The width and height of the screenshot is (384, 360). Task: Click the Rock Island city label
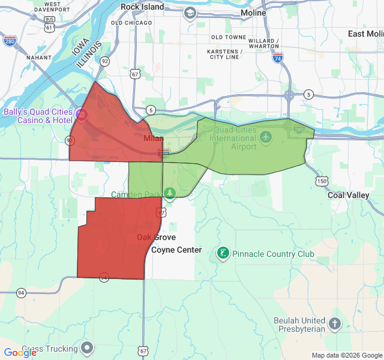pyautogui.click(x=142, y=7)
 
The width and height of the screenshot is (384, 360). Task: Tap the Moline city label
pyautogui.click(x=253, y=13)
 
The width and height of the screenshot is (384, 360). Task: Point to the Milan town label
pyautogui.click(x=154, y=139)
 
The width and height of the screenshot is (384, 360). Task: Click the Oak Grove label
pyautogui.click(x=156, y=238)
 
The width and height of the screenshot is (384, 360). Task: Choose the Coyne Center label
pyautogui.click(x=176, y=250)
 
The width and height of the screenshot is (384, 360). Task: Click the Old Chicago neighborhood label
pyautogui.click(x=131, y=23)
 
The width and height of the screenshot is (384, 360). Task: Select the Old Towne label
pyautogui.click(x=229, y=37)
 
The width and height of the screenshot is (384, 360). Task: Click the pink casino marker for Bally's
pyautogui.click(x=82, y=113)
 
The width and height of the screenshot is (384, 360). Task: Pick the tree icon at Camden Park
pyautogui.click(x=170, y=193)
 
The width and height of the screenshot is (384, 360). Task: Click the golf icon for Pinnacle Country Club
pyautogui.click(x=223, y=254)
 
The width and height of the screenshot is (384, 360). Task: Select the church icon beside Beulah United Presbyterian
pyautogui.click(x=334, y=325)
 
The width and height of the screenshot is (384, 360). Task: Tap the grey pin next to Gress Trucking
pyautogui.click(x=88, y=348)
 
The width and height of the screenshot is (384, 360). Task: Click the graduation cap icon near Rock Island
pyautogui.click(x=190, y=13)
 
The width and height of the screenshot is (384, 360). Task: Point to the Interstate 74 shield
pyautogui.click(x=277, y=58)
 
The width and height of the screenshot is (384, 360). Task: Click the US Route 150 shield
pyautogui.click(x=322, y=181)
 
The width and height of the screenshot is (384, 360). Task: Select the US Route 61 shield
pyautogui.click(x=49, y=28)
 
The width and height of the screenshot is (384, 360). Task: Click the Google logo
pyautogui.click(x=20, y=353)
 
